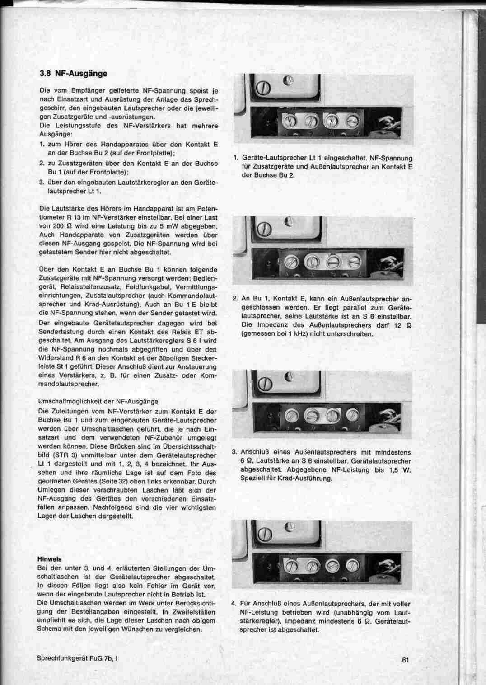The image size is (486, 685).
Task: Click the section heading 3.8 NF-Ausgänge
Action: (x=73, y=74)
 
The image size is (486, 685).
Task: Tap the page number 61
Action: (x=405, y=660)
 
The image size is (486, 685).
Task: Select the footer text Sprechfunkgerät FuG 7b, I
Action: (x=77, y=658)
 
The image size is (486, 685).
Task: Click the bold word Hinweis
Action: (x=49, y=559)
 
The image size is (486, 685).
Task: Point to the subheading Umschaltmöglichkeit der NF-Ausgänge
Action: (x=98, y=401)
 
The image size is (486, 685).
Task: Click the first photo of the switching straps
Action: (x=322, y=109)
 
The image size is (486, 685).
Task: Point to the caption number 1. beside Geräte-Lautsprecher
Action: (x=236, y=158)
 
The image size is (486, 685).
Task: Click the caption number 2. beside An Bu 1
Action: (x=235, y=299)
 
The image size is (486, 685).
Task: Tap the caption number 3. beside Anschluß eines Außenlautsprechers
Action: (x=234, y=452)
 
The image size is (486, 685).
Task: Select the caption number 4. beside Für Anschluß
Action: (x=234, y=604)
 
